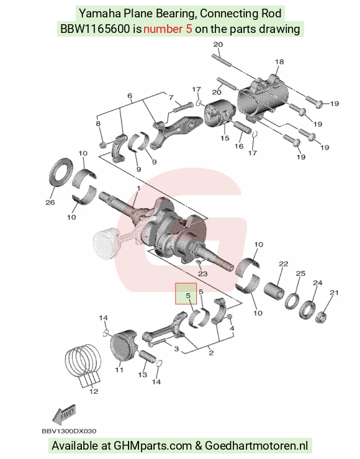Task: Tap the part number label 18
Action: pos(279,61)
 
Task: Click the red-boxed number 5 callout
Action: pos(188,296)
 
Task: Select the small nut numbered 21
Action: pos(321,317)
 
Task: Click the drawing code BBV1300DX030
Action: pos(69,431)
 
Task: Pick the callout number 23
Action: pos(203,274)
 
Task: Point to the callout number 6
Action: pos(130,96)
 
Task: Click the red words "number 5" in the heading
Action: pos(168,29)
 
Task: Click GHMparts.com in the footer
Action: pos(152,446)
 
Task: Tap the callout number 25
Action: pos(300,273)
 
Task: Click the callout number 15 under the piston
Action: pos(225,138)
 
